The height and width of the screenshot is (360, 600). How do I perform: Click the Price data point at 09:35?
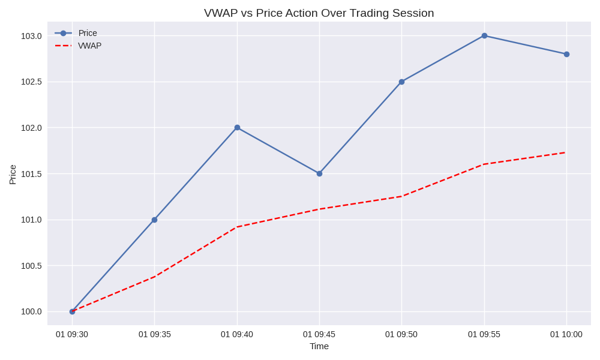click(154, 220)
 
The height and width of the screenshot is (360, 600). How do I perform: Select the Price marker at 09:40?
click(237, 127)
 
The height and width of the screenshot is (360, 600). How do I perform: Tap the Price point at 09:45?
click(319, 173)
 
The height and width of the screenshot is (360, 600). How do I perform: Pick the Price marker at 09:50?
click(401, 82)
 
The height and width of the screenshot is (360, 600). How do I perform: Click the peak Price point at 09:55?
click(484, 35)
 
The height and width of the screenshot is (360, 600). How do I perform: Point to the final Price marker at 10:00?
click(566, 54)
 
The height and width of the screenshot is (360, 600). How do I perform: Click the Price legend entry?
click(88, 33)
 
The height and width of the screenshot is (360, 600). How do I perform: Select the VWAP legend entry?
click(89, 46)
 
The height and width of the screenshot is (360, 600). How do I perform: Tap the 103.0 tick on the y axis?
click(31, 36)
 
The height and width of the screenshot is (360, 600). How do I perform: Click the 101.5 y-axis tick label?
click(31, 174)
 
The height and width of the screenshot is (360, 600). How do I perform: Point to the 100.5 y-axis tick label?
click(31, 266)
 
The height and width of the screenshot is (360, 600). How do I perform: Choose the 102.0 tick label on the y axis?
click(31, 128)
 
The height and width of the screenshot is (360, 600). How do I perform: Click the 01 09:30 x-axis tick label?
click(72, 334)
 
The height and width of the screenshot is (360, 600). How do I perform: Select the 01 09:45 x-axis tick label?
click(319, 334)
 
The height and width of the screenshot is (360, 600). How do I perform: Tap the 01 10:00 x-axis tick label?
click(566, 334)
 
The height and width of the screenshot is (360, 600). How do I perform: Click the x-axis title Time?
click(319, 346)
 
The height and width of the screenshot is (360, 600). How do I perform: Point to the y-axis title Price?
click(13, 175)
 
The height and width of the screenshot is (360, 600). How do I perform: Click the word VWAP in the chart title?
click(220, 13)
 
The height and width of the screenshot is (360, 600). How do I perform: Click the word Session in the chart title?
click(413, 13)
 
